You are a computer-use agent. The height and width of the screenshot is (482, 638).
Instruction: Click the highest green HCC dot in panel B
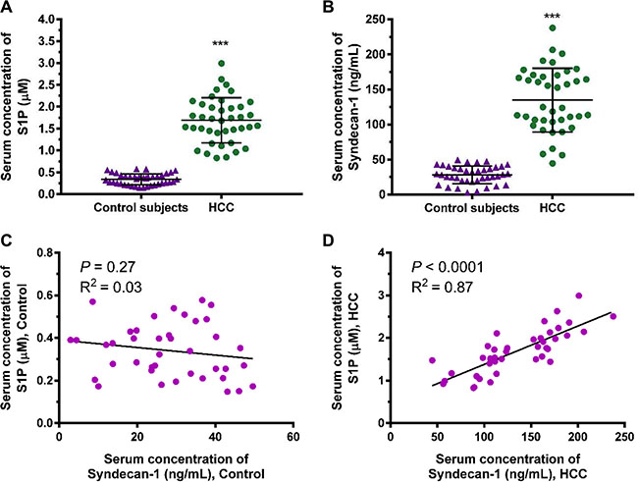[553, 27]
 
